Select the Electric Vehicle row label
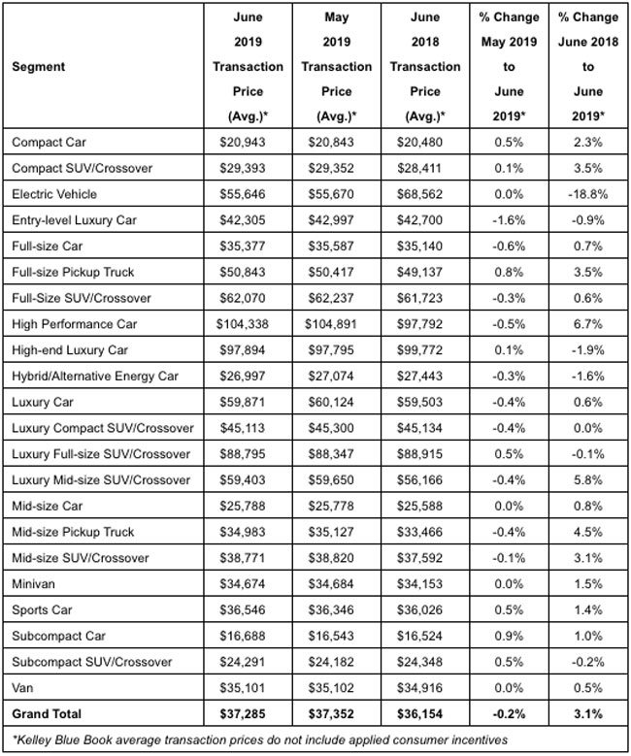pyautogui.click(x=52, y=194)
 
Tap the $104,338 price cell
pyautogui.click(x=248, y=324)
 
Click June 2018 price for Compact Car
pyautogui.click(x=425, y=142)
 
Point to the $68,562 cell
pyautogui.click(x=425, y=194)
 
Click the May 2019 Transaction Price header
pyautogui.click(x=336, y=68)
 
